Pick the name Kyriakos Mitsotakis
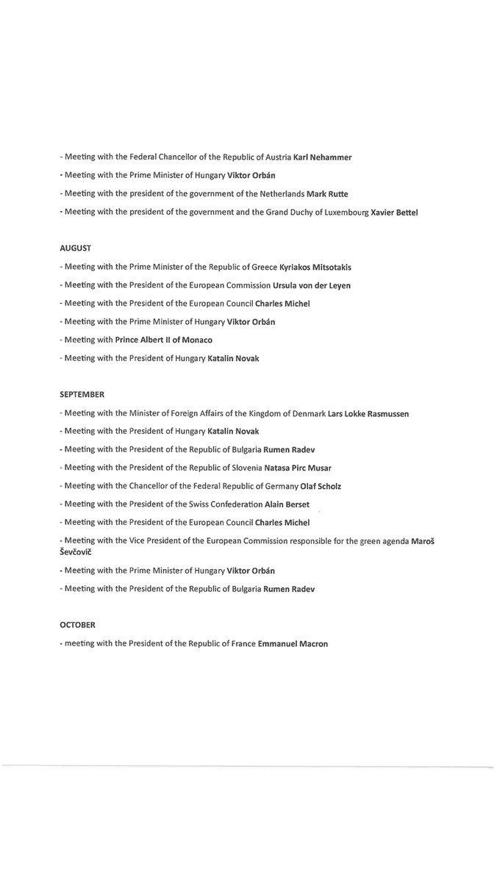click(x=310, y=268)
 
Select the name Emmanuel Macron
click(x=293, y=643)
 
